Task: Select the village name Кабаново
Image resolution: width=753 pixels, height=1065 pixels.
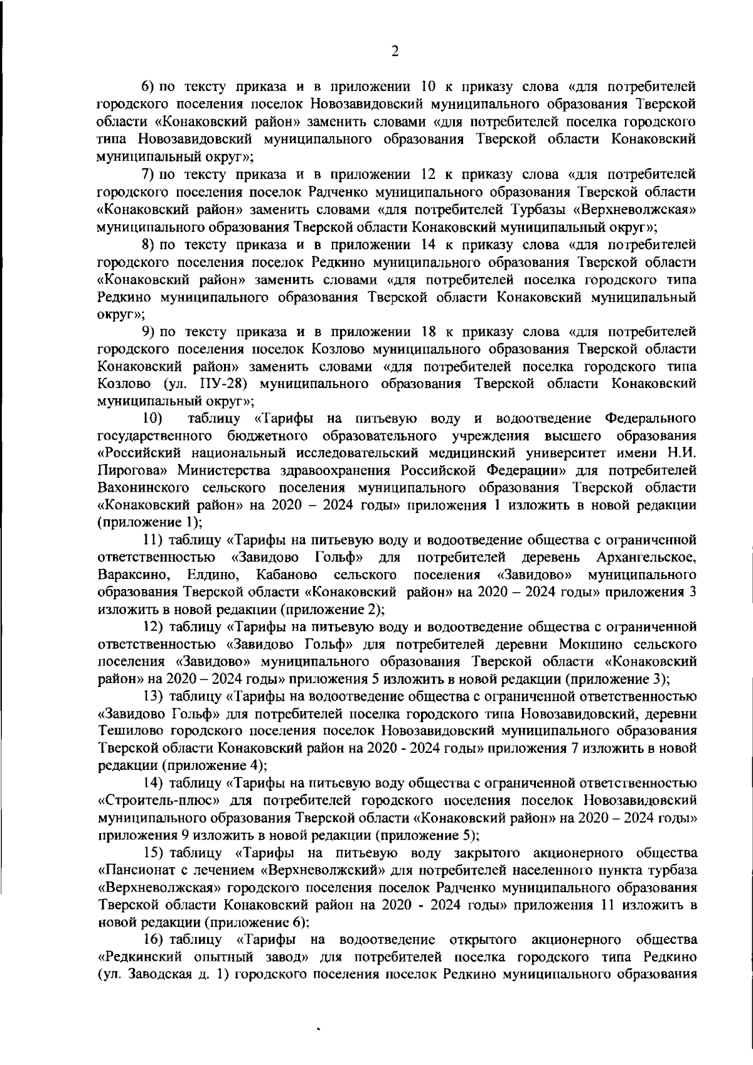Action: (x=286, y=575)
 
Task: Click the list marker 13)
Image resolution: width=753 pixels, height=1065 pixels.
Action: (x=154, y=696)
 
